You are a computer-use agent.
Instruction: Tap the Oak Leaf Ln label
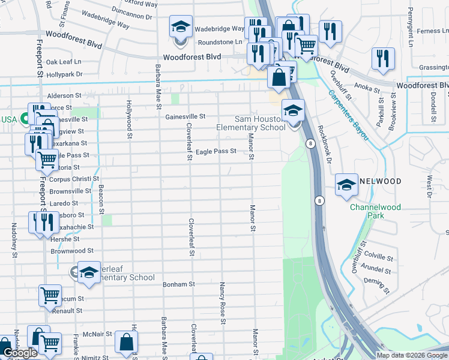(x=63, y=62)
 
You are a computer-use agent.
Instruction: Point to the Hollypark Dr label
(x=64, y=74)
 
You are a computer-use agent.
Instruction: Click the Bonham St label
(x=179, y=284)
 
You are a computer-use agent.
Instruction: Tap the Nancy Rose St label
(x=222, y=303)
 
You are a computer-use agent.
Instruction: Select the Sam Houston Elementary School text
(x=251, y=123)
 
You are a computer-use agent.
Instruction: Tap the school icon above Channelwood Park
(x=346, y=185)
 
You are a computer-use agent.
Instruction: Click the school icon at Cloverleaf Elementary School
(x=89, y=273)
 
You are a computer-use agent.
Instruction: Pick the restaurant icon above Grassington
(x=382, y=58)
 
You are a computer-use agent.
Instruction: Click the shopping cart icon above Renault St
(x=50, y=295)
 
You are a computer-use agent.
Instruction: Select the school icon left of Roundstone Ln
(x=181, y=27)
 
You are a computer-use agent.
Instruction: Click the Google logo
(x=20, y=353)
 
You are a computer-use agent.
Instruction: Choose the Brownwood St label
(x=72, y=251)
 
